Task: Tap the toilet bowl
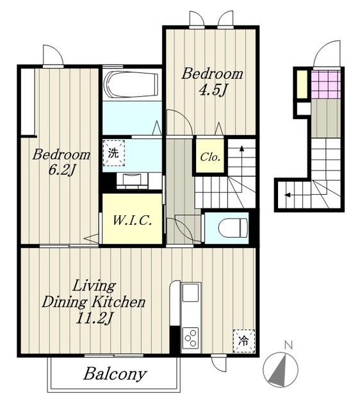point(233,228)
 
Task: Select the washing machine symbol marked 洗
point(114,153)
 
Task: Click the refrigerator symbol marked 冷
point(243,341)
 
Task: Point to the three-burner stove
point(191,338)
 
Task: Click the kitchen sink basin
point(191,293)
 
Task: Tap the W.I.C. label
point(132,220)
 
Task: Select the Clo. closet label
point(210,157)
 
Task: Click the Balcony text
point(115,374)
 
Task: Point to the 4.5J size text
point(212,91)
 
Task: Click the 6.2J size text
point(62,170)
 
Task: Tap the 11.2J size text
point(94,318)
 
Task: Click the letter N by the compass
point(288,345)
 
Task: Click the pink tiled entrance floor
point(326,84)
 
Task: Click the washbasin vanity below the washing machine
point(132,181)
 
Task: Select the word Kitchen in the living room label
point(119,302)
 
